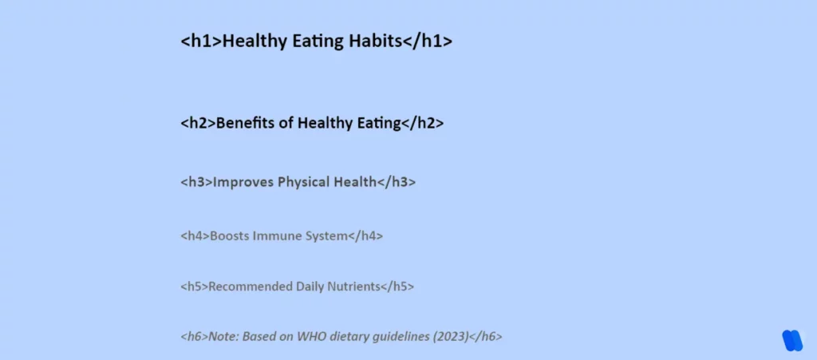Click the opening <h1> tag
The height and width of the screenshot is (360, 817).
click(x=201, y=42)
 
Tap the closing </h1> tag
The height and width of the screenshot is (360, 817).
click(x=428, y=42)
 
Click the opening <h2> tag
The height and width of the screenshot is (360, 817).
click(x=198, y=123)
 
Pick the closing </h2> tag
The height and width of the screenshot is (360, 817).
click(x=422, y=123)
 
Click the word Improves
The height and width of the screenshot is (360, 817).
click(x=244, y=182)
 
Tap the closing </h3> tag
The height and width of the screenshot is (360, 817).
click(x=396, y=182)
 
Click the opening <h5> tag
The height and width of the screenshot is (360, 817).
click(x=195, y=287)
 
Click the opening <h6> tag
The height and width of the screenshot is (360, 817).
click(x=195, y=337)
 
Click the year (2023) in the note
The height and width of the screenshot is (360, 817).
click(x=451, y=337)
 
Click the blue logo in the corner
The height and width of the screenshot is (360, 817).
click(x=792, y=340)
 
